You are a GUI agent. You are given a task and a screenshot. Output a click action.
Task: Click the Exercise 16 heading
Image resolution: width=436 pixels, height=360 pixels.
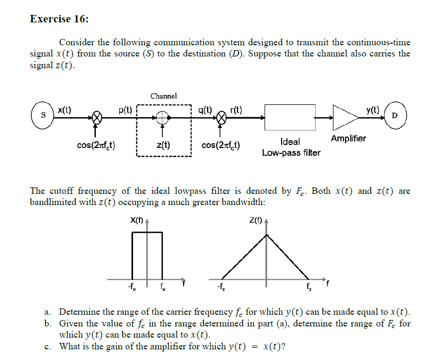click(x=59, y=19)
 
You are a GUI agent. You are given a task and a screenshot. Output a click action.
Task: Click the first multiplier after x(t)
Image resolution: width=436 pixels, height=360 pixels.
click(x=96, y=118)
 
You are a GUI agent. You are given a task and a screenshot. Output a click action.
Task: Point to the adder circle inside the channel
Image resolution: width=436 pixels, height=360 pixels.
click(x=163, y=118)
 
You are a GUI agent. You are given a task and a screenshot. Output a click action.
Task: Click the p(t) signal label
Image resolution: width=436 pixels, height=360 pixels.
click(x=126, y=110)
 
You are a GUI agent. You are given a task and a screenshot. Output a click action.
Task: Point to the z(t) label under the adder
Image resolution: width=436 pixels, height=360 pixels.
click(x=163, y=145)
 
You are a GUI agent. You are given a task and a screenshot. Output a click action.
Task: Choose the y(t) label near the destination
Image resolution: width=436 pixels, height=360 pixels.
click(x=372, y=110)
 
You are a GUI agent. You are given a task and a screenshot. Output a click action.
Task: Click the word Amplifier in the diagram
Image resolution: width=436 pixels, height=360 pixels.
click(x=348, y=138)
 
